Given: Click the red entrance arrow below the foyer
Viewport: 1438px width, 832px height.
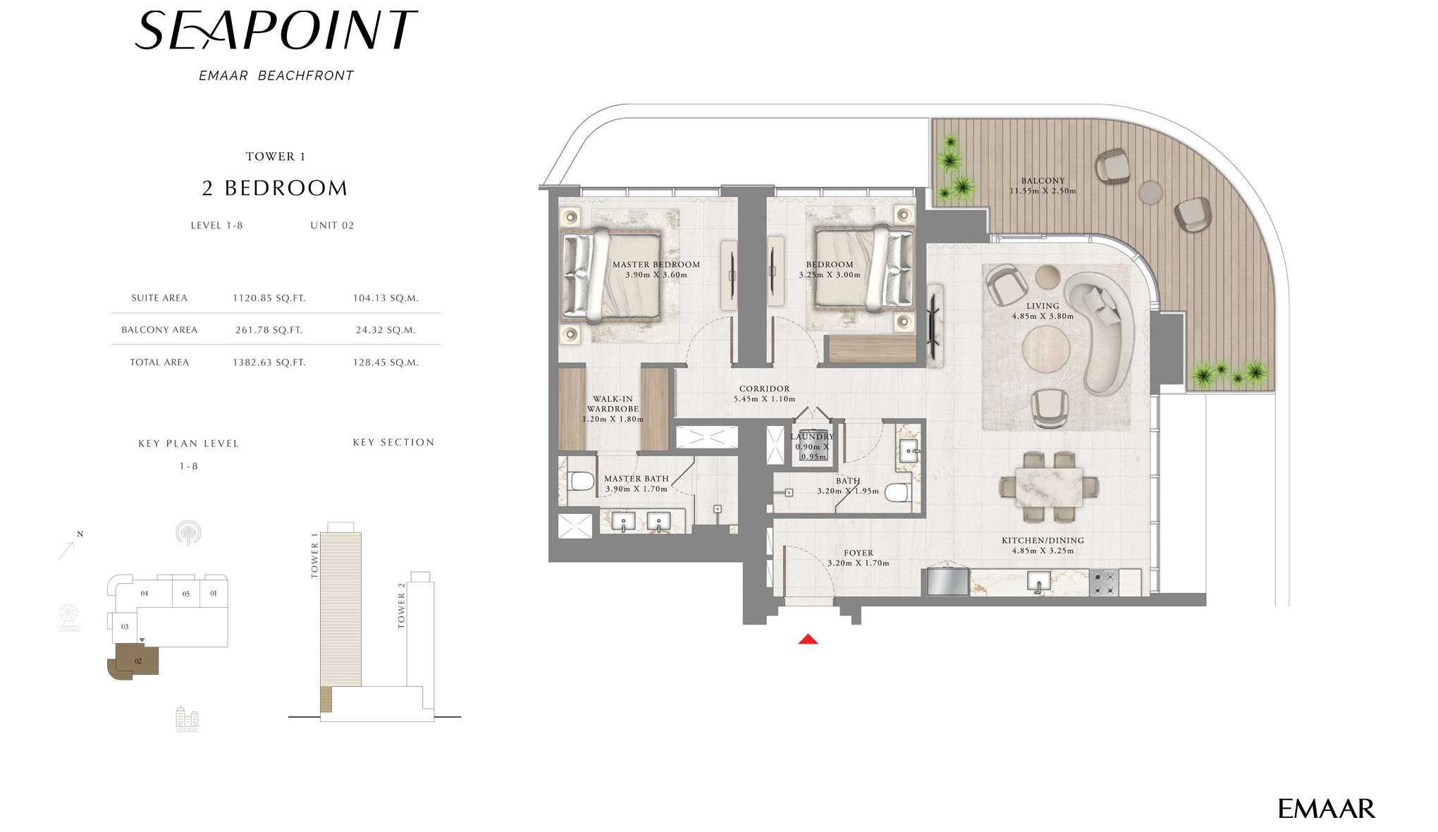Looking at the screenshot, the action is (808, 639).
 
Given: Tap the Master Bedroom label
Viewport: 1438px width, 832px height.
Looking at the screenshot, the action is (656, 264).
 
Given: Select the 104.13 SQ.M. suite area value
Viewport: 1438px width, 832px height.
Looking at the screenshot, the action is (386, 298).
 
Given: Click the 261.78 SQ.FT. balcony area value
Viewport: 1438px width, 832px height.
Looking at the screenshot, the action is (269, 330).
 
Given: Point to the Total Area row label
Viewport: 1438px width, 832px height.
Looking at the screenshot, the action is (159, 362).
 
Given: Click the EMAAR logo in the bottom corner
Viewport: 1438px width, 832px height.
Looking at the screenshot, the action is (1327, 809).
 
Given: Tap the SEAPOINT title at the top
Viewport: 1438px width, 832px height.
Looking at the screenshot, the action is (276, 30).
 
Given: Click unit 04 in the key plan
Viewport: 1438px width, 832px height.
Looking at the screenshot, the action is (144, 593).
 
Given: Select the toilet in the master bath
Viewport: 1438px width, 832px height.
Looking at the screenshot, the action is (581, 482).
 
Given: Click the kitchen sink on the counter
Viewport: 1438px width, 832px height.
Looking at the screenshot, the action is (1038, 582).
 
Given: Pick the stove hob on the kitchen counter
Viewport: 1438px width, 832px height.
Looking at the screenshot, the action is (1104, 583).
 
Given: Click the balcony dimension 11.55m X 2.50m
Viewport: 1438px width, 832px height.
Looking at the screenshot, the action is (1043, 191).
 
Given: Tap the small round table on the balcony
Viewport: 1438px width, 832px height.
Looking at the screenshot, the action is (1150, 192).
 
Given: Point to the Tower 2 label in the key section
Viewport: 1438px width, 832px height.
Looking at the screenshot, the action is (401, 606).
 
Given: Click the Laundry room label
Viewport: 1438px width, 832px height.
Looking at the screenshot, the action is (812, 437).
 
